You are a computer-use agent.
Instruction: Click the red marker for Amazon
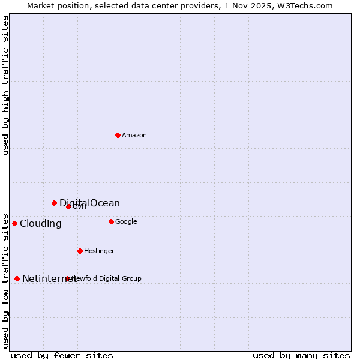pyautogui.click(x=118, y=135)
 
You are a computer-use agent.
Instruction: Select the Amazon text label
pyautogui.click(x=134, y=135)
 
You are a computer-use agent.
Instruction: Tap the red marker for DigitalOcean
pyautogui.click(x=54, y=203)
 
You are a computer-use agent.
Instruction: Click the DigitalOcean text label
pyautogui.click(x=89, y=203)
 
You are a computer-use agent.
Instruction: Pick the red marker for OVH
pyautogui.click(x=68, y=206)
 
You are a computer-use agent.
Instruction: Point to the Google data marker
pyautogui.click(x=111, y=221)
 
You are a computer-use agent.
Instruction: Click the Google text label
pyautogui.click(x=126, y=221)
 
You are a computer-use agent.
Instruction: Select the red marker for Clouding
pyautogui.click(x=14, y=223)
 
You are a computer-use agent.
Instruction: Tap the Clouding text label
pyautogui.click(x=40, y=224)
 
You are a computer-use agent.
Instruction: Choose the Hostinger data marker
pyautogui.click(x=80, y=251)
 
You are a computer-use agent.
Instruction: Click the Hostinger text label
pyautogui.click(x=99, y=251)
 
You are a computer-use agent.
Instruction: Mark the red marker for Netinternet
pyautogui.click(x=17, y=278)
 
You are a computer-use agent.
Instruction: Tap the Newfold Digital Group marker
pyautogui.click(x=67, y=278)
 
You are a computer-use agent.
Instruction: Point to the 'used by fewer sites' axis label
pyautogui.click(x=62, y=355)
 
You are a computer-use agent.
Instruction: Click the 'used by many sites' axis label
pyautogui.click(x=301, y=355)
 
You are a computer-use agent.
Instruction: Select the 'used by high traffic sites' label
pyautogui.click(x=5, y=85)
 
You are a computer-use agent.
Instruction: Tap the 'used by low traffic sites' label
pyautogui.click(x=5, y=280)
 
